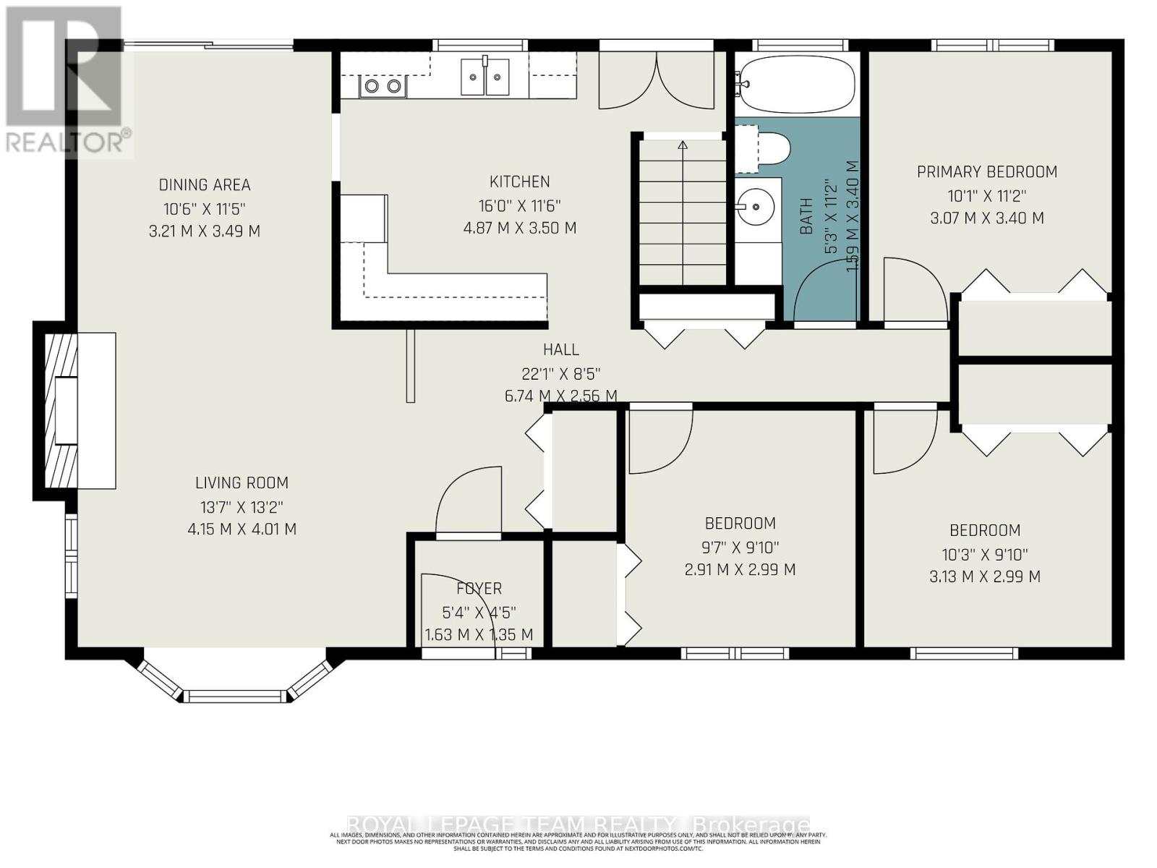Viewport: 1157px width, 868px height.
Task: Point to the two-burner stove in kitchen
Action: (383, 87)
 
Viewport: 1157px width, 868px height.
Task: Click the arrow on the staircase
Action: (683, 145)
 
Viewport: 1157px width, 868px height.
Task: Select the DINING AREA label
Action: (205, 185)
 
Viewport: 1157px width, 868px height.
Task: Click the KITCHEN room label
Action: (519, 182)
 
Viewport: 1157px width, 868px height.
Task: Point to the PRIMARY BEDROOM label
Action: (987, 172)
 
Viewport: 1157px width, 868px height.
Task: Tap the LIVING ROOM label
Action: (242, 482)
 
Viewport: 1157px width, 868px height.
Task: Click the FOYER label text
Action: (479, 589)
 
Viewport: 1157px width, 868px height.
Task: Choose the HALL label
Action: (560, 350)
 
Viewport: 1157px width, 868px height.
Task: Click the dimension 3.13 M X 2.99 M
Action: (984, 576)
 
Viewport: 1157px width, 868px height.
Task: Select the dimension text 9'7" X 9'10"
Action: (740, 547)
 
